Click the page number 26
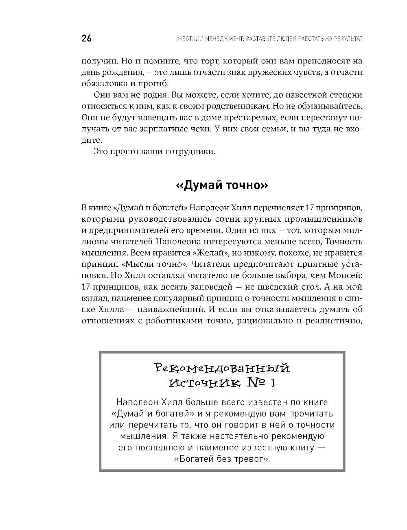pos(87,39)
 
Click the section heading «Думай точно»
pos(222,185)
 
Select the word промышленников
pos(317,219)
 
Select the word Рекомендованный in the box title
pos(223,369)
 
